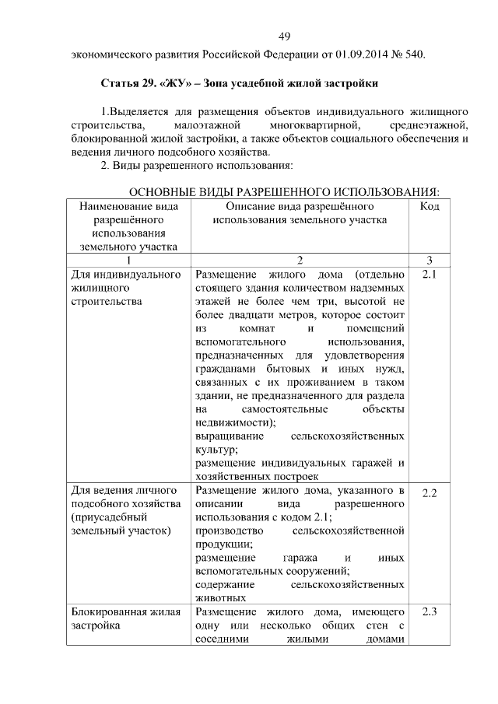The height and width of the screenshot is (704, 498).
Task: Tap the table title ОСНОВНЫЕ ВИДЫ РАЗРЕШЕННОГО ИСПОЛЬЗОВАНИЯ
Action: tap(284, 192)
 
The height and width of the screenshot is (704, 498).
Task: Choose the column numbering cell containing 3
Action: tap(430, 261)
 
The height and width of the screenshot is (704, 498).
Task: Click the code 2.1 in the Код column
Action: tap(430, 275)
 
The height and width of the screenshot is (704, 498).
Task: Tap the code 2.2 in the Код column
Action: tap(430, 493)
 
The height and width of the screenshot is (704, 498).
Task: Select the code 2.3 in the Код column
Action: tap(430, 612)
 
